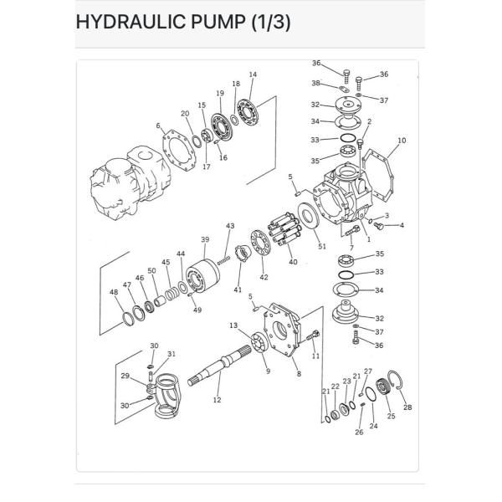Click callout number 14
click(x=253, y=75)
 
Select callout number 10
click(x=402, y=141)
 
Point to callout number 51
click(x=322, y=246)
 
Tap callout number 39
click(x=204, y=240)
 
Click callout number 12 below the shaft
click(x=217, y=400)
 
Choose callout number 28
click(x=407, y=407)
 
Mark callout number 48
click(x=114, y=292)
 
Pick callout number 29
click(x=125, y=376)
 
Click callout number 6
click(x=158, y=126)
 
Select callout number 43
click(x=230, y=227)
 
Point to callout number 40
click(x=293, y=262)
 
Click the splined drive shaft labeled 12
click(x=222, y=369)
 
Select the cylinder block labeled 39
click(x=203, y=276)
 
